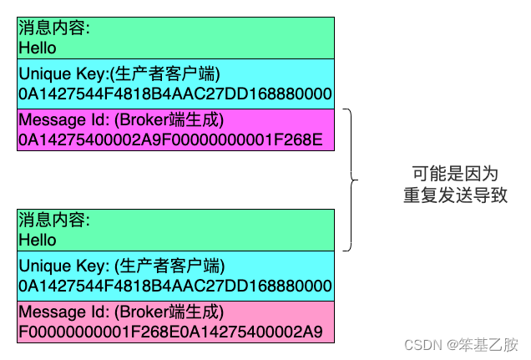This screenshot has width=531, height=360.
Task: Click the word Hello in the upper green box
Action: click(x=38, y=48)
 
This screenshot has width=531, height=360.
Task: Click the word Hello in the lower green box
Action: click(x=38, y=241)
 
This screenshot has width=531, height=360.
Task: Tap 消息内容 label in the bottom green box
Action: click(x=53, y=221)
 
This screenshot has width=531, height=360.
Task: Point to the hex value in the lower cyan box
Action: click(x=175, y=286)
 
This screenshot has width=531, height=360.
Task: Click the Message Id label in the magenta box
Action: click(x=58, y=119)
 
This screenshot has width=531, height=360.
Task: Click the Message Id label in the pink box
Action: click(x=58, y=313)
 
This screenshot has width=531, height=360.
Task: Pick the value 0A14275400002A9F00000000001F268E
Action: click(x=170, y=139)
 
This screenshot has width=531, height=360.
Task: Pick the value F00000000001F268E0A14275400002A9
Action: click(x=170, y=332)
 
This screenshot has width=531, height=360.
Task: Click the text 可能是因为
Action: click(x=455, y=174)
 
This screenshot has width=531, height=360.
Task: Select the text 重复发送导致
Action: click(x=455, y=195)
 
